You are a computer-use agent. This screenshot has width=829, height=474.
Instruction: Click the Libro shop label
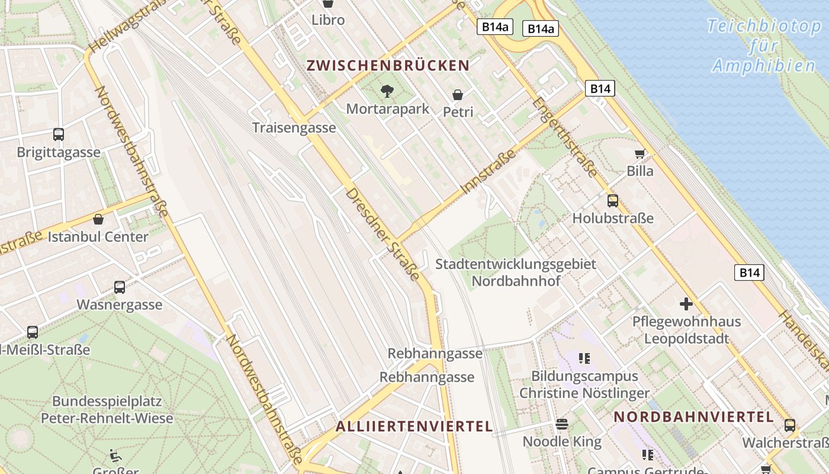click(328, 20)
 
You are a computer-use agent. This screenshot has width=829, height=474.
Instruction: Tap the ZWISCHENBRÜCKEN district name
click(388, 66)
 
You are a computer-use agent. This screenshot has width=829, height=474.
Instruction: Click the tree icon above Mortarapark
click(387, 91)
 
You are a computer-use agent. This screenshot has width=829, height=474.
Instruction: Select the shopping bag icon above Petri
click(458, 95)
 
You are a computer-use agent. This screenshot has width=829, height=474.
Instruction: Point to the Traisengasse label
click(294, 128)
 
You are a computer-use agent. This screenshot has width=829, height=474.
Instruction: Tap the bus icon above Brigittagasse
click(58, 134)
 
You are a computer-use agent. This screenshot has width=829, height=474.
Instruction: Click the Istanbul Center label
click(98, 237)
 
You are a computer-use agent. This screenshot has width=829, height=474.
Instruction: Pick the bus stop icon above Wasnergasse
click(120, 287)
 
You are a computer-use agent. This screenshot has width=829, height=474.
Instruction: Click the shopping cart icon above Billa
click(640, 154)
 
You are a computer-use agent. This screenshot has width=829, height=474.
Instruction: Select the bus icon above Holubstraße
click(612, 201)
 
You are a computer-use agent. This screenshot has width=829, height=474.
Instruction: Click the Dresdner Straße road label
click(383, 235)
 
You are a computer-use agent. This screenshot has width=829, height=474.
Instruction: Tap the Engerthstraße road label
click(564, 137)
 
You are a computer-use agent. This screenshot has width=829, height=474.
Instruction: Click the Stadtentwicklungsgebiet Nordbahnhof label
click(516, 273)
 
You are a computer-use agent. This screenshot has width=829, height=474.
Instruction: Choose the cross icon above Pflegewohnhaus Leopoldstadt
click(686, 305)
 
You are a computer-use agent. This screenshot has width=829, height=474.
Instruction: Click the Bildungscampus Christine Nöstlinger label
click(584, 385)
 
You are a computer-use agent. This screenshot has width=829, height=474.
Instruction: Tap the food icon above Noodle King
click(561, 424)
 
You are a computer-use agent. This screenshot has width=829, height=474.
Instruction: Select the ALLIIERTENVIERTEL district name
click(414, 427)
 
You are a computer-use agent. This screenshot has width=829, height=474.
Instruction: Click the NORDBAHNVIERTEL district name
click(693, 417)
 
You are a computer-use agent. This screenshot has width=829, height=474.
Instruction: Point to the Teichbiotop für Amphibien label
click(763, 46)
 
